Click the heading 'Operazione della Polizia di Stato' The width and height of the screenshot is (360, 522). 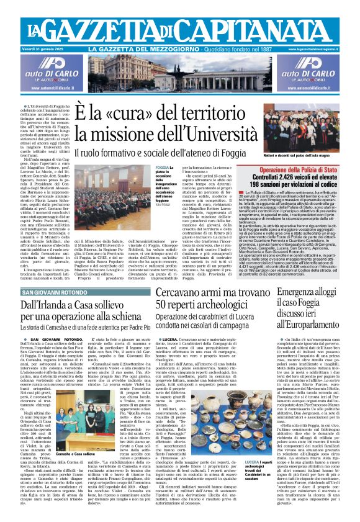click(312, 169)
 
